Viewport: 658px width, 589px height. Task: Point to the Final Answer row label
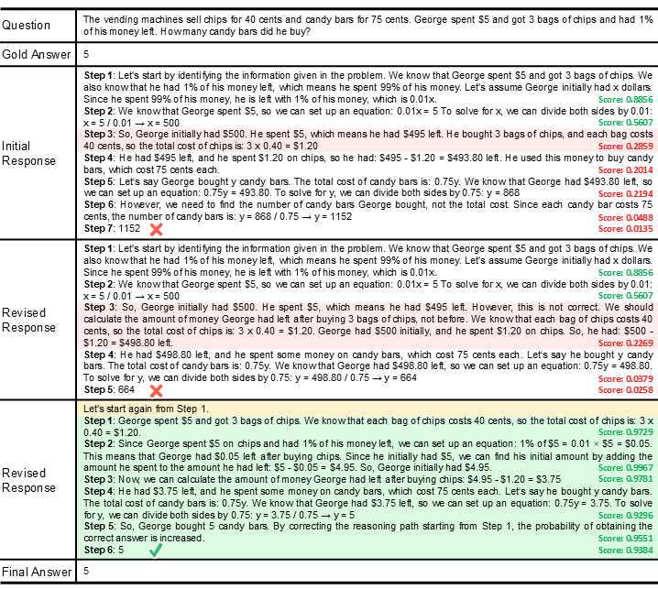38,572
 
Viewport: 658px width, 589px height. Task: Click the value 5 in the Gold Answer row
85,53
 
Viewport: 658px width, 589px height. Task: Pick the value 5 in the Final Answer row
85,572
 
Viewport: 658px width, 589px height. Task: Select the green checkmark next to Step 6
156,551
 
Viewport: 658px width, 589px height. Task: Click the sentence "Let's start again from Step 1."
146,407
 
